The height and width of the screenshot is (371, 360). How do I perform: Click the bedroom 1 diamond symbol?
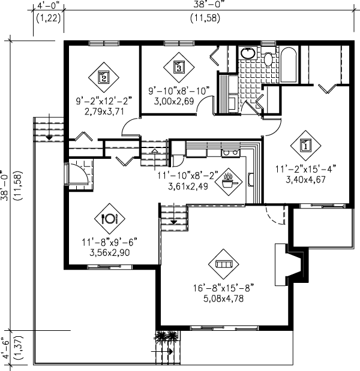305,145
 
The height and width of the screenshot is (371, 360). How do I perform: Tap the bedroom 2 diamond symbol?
103,77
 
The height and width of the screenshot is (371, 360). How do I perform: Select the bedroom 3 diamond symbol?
179,67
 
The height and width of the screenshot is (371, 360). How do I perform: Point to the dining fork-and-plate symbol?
110,219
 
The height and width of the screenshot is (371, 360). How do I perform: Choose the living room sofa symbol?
224,264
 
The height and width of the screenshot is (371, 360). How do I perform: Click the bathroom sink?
248,53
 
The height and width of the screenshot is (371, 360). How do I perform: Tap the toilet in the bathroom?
268,58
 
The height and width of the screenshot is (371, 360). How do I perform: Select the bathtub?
289,65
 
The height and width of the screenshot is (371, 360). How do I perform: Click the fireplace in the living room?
292,264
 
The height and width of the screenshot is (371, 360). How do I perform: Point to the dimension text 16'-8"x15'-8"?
223,288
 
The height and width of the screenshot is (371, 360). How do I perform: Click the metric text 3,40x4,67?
306,180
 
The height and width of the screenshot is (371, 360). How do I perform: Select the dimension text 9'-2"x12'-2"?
104,101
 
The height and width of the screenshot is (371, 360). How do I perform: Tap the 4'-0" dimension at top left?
49,5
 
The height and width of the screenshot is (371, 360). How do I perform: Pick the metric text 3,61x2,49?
188,186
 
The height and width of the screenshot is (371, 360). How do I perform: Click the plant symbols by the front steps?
166,336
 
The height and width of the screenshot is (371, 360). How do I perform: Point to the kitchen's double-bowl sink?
230,153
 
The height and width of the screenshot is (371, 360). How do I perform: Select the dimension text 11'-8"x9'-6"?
109,242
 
